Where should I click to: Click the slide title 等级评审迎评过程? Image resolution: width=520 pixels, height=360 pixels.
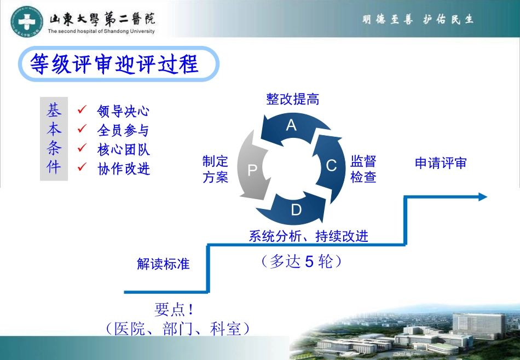[x=114, y=64]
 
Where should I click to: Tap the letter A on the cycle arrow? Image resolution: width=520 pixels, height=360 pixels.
[x=291, y=125]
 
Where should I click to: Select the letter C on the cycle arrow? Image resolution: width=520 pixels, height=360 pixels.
[x=331, y=165]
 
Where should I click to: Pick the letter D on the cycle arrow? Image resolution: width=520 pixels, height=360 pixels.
[x=296, y=210]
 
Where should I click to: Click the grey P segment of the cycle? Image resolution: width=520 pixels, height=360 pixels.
[x=252, y=170]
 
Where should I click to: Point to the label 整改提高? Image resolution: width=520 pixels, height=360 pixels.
[x=292, y=99]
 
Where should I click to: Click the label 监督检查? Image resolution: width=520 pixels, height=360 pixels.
[x=363, y=169]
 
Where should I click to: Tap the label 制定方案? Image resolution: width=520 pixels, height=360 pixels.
[x=215, y=169]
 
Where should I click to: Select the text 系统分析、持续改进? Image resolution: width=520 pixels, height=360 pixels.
[x=308, y=236]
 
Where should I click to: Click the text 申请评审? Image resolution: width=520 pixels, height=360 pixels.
[x=440, y=163]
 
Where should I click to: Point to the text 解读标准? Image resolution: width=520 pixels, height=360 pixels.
[x=163, y=264]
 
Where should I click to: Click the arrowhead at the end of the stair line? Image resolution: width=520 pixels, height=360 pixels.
[x=483, y=197]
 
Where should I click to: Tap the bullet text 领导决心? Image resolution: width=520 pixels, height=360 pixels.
[x=123, y=112]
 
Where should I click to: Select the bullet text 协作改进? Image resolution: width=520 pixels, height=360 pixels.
[x=123, y=169]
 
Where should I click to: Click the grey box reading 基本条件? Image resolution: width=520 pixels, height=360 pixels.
[x=54, y=139]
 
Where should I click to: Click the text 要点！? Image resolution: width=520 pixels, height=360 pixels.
[x=174, y=310]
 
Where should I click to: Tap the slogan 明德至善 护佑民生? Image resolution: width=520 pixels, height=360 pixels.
[x=418, y=20]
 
